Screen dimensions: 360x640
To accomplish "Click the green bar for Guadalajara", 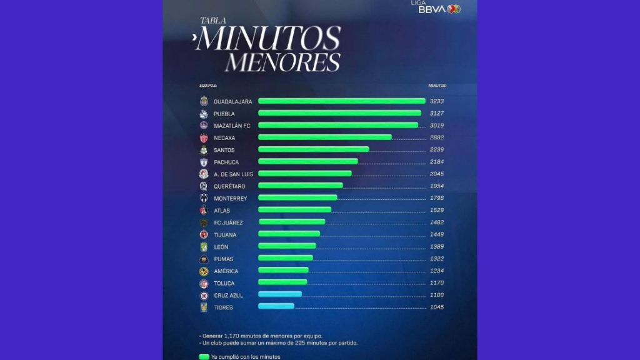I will [341, 101].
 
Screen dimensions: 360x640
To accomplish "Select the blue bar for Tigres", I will [276, 306].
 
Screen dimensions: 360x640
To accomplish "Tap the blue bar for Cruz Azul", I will [279, 294].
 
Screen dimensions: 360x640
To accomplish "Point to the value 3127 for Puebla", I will [436, 114].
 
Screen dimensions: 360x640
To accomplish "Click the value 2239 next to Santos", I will [436, 150].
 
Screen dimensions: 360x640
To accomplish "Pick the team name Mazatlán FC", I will [232, 126].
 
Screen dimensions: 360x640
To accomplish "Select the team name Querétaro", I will [229, 186].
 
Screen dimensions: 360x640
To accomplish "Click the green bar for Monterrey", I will [297, 198].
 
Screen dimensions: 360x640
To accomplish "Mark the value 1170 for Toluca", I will [436, 283].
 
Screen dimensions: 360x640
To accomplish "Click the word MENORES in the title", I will [283, 62].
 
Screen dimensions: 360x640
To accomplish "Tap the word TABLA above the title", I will [211, 21].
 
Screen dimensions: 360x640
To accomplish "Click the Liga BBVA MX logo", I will [435, 7].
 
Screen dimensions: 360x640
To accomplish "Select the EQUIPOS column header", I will [208, 85].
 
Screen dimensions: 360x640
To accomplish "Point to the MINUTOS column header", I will [437, 85].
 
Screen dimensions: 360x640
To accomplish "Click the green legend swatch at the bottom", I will [204, 357].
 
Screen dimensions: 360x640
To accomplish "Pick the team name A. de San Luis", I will [233, 174].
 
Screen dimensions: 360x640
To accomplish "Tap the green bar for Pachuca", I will [307, 162].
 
